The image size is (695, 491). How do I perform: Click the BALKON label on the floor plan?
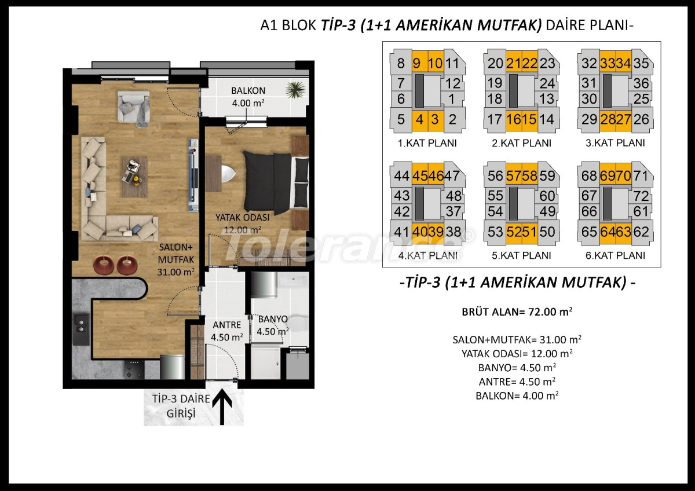[x=248, y=90]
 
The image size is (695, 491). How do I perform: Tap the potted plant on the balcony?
[x=296, y=89]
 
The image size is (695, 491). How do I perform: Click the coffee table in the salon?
[x=134, y=177]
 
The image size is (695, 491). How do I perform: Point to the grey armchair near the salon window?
[x=133, y=108]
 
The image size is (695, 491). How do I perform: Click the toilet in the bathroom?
[x=297, y=324]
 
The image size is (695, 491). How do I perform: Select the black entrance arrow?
[x=222, y=407]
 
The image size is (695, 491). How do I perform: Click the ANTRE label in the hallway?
[x=227, y=325]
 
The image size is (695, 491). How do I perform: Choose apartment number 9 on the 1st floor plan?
[x=416, y=64]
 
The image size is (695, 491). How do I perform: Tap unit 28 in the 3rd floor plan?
[x=608, y=119]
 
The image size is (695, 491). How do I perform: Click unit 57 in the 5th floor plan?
[x=514, y=176]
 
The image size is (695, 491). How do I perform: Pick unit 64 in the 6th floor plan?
[x=608, y=232]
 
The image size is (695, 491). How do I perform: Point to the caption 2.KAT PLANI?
[x=521, y=143]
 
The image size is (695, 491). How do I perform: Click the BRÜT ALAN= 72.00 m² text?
[x=517, y=312]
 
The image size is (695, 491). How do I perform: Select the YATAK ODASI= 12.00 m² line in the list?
[x=517, y=353]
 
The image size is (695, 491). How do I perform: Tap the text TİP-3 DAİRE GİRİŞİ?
[x=181, y=406]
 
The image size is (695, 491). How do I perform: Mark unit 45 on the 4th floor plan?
[x=420, y=176]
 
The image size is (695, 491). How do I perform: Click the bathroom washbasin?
[x=293, y=281]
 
